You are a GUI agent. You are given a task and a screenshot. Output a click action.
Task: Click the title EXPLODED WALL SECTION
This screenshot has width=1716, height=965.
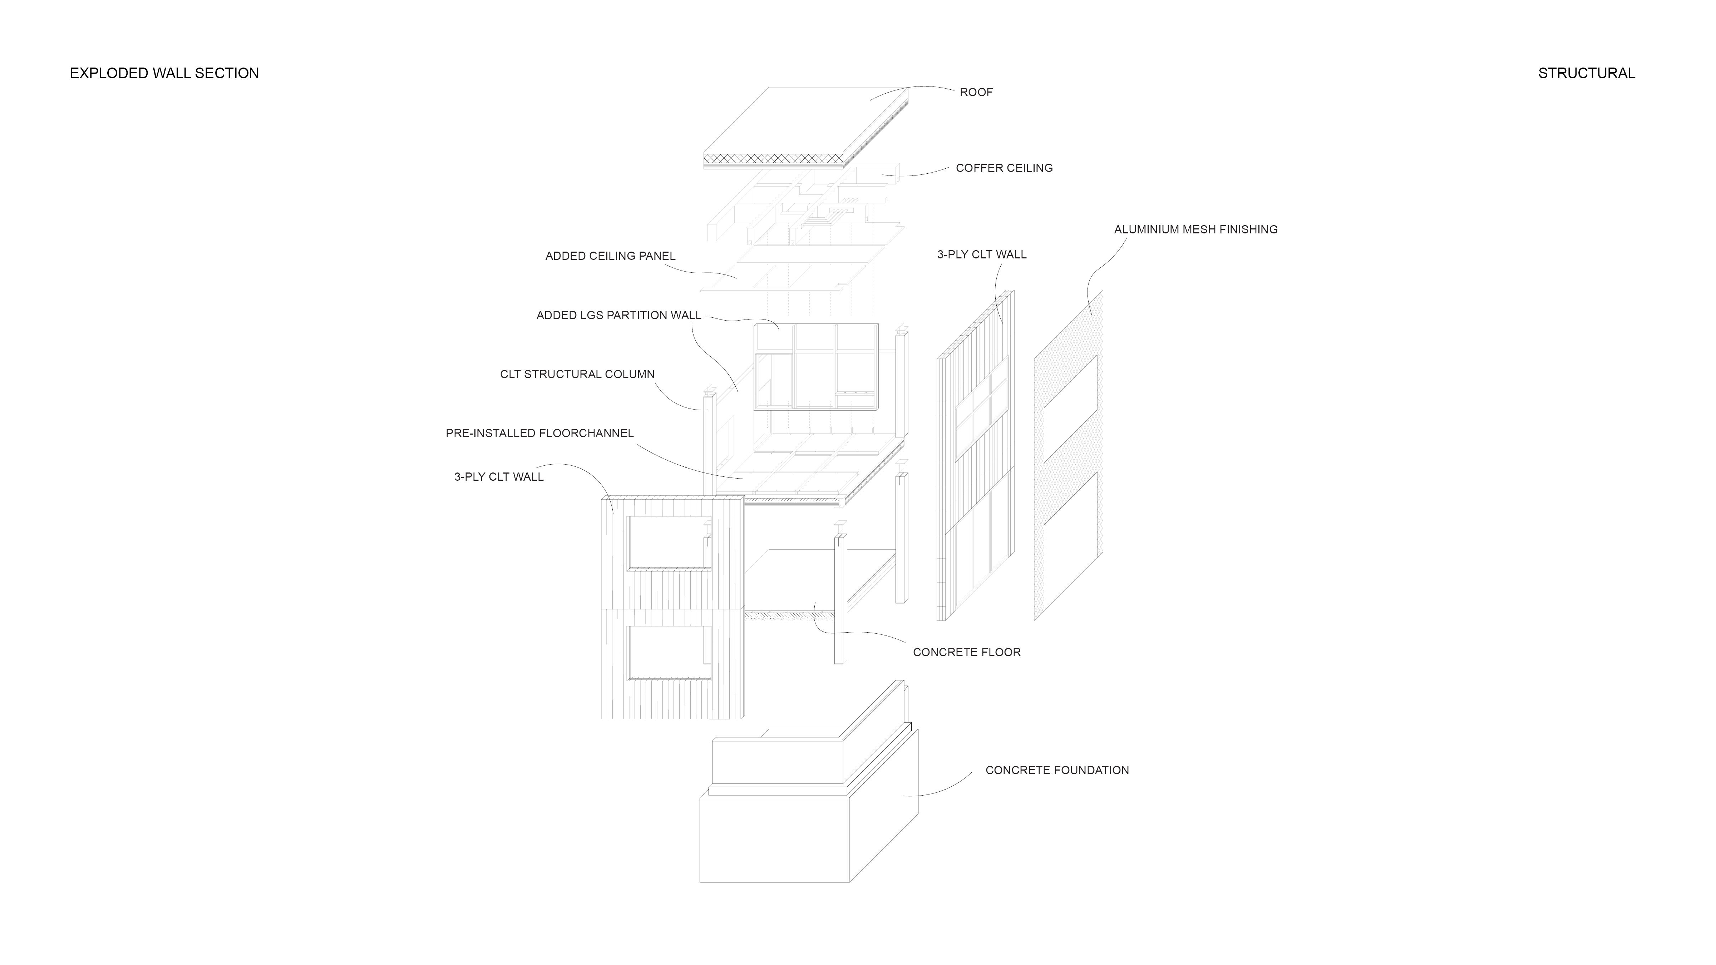pyautogui.click(x=164, y=73)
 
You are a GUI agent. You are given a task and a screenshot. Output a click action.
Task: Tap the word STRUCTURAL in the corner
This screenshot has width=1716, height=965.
pyautogui.click(x=1586, y=73)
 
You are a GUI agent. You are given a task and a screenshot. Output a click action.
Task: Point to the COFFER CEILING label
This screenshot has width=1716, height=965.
pyautogui.click(x=1004, y=168)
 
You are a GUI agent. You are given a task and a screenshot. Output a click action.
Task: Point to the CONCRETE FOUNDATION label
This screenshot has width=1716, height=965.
pyautogui.click(x=1056, y=771)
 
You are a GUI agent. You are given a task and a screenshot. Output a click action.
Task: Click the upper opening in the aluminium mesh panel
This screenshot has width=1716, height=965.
pyautogui.click(x=1069, y=410)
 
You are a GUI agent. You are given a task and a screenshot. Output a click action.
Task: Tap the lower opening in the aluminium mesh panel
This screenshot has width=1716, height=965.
pyautogui.click(x=1069, y=533)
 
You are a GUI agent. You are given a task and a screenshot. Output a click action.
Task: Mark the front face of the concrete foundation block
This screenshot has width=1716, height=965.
pyautogui.click(x=774, y=839)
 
